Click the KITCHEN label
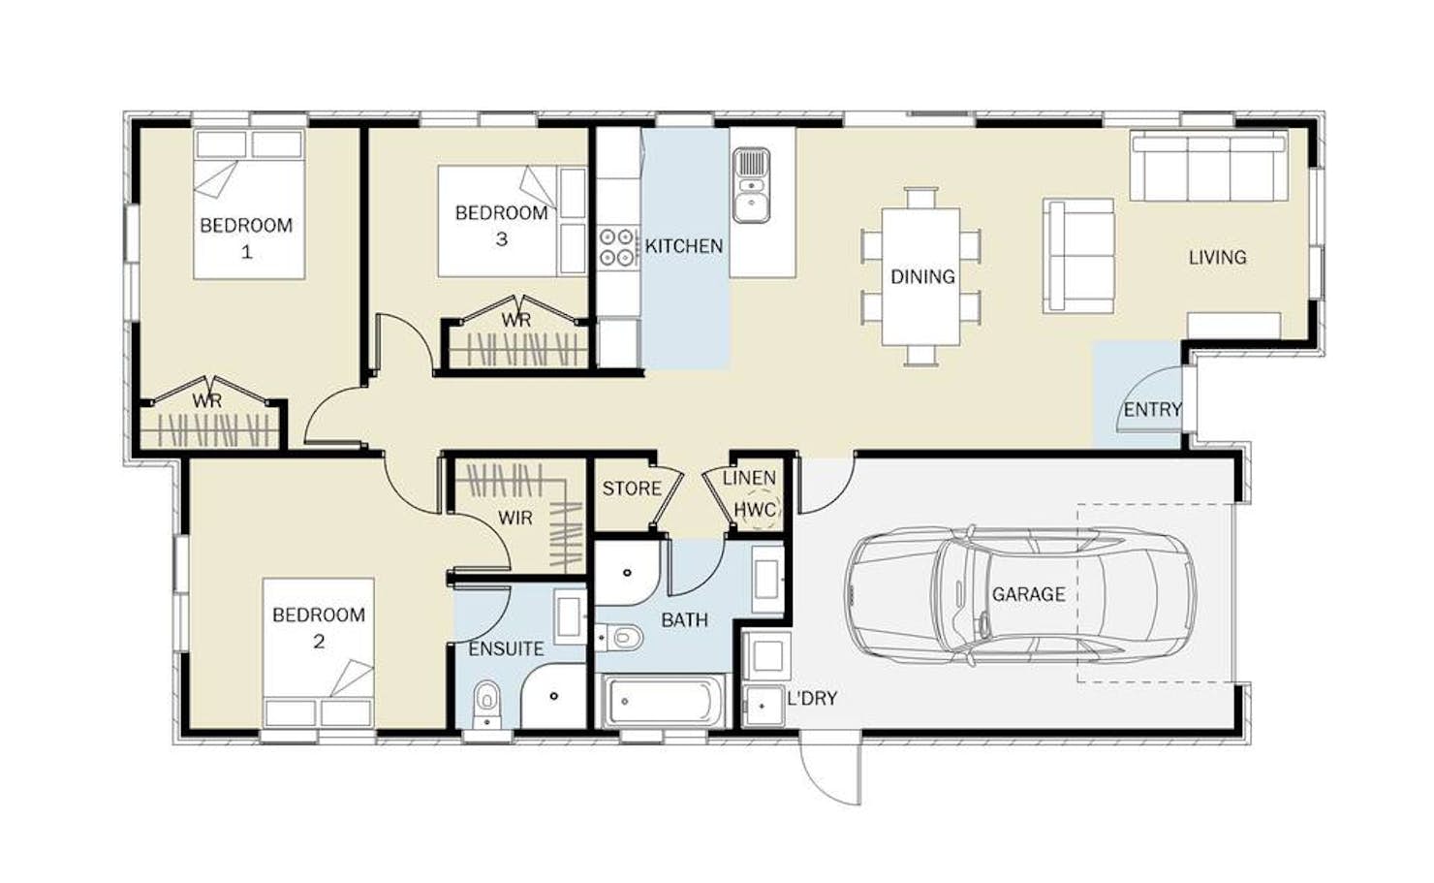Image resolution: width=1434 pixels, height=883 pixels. [684, 246]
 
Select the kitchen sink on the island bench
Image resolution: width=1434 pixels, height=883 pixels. [752, 186]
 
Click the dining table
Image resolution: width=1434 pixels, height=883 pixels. [921, 276]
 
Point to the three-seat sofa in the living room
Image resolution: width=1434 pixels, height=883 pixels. [1209, 166]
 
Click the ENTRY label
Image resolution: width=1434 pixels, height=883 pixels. [1152, 410]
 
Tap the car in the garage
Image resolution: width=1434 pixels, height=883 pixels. [1020, 595]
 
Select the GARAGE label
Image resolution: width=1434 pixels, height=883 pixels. [1029, 594]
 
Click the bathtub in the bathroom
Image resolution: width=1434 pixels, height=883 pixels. [660, 701]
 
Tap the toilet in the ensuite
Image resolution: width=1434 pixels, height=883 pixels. [487, 703]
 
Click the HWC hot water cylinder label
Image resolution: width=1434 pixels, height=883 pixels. [756, 511]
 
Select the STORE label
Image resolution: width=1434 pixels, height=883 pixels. [632, 489]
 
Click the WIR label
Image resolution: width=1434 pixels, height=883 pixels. [515, 518]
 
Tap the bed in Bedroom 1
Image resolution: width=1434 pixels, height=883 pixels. [249, 205]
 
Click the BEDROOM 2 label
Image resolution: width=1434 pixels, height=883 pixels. [319, 627]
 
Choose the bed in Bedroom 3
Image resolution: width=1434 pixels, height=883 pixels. [512, 222]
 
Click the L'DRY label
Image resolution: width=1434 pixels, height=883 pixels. [812, 699]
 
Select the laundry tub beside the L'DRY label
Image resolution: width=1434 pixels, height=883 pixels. [764, 706]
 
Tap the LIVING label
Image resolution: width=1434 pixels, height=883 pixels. [1218, 258]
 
